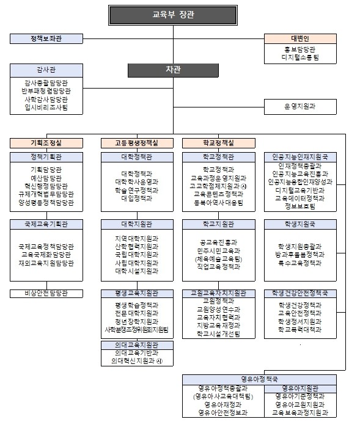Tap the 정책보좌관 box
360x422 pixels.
(x=46, y=39)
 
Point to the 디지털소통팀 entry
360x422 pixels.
(x=300, y=58)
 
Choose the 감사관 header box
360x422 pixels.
(x=46, y=69)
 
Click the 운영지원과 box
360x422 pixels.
(x=300, y=106)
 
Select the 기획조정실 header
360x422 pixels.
(x=46, y=143)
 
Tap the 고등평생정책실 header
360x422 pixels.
(x=136, y=143)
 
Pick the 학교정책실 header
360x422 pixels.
(x=218, y=143)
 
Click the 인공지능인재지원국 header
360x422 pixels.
(x=300, y=157)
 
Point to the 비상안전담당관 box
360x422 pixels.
(x=46, y=293)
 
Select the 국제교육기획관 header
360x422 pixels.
(x=46, y=224)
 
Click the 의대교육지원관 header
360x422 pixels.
(x=136, y=345)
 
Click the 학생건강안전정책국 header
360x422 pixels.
(x=300, y=293)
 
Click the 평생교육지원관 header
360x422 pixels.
(x=136, y=293)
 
